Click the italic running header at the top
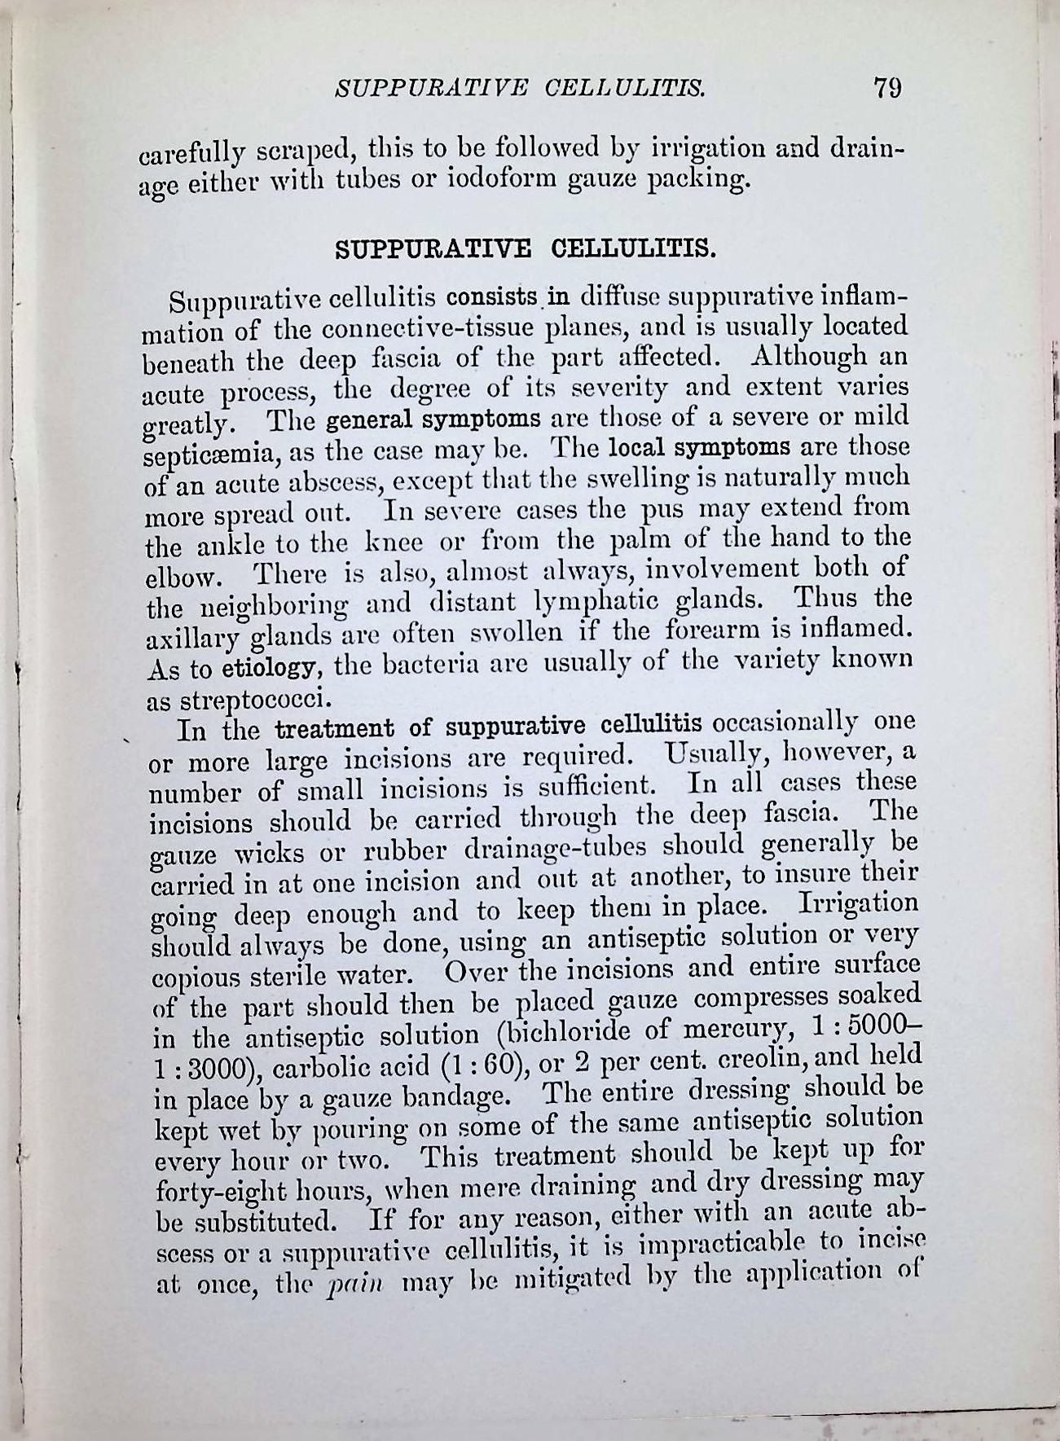click(x=521, y=88)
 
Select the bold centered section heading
click(x=526, y=247)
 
